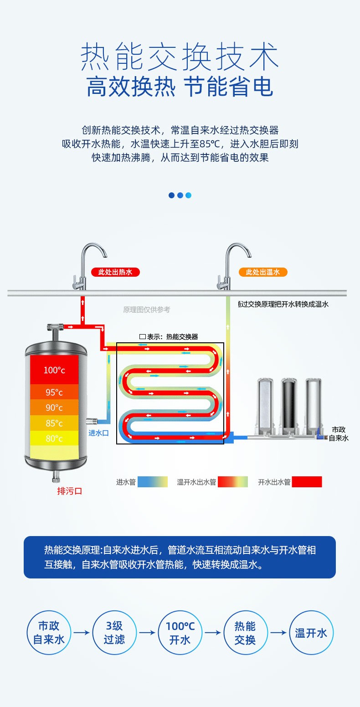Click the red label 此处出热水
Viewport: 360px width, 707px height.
click(115, 272)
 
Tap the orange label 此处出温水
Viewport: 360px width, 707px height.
click(263, 272)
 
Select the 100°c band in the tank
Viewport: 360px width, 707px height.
click(54, 370)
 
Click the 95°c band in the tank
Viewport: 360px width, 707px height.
click(54, 392)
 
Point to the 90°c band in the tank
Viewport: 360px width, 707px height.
click(54, 408)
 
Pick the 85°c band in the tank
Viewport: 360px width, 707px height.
click(54, 423)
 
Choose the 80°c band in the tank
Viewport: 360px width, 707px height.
click(54, 439)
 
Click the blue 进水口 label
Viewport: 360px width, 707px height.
click(98, 433)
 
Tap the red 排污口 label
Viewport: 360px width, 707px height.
click(69, 491)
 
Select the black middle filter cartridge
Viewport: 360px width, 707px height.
click(289, 405)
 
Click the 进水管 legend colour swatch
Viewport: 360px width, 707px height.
click(153, 482)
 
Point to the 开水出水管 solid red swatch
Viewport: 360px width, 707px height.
click(307, 482)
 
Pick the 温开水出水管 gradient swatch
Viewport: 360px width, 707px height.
click(233, 482)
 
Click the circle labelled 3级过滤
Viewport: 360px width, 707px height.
click(114, 633)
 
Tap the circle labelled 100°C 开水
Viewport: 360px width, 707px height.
click(180, 633)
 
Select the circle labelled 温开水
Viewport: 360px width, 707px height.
click(311, 633)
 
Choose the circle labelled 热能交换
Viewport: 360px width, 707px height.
click(246, 633)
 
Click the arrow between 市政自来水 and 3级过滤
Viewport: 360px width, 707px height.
click(82, 633)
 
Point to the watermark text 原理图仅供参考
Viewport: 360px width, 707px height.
click(146, 310)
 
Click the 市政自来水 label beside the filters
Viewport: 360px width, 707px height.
click(339, 433)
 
